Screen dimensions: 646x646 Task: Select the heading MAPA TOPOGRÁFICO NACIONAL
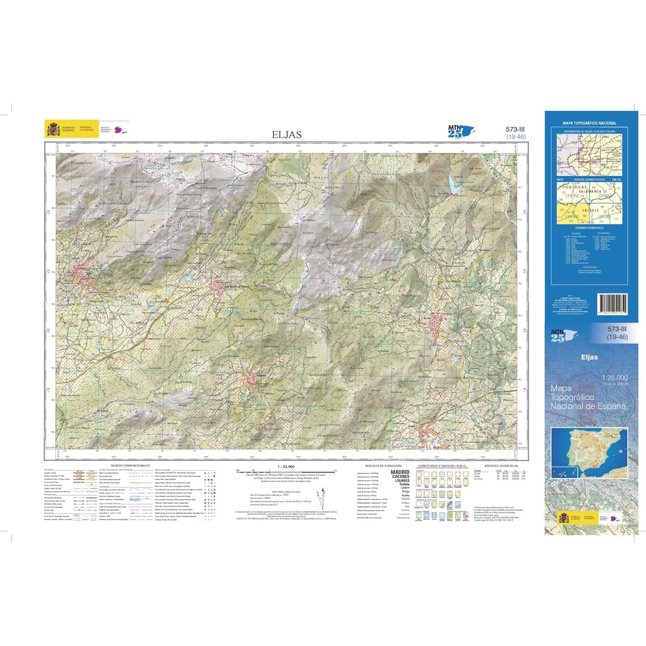click(589, 123)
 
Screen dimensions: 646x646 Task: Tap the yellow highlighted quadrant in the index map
click(568, 215)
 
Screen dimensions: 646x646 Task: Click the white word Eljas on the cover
click(589, 356)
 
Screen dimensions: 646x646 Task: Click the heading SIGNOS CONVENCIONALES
click(130, 465)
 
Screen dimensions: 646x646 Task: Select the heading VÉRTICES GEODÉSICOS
click(501, 465)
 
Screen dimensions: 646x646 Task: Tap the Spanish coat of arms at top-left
click(53, 129)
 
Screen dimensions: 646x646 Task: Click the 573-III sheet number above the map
click(515, 129)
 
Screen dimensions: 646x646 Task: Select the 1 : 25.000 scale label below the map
click(285, 466)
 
